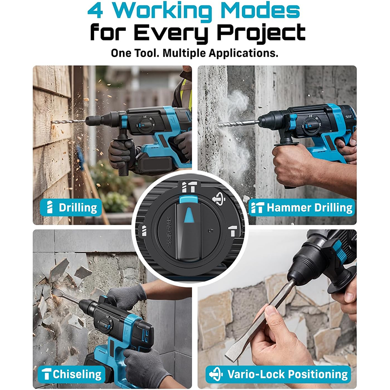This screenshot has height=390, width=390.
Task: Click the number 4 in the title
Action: pyautogui.click(x=96, y=10)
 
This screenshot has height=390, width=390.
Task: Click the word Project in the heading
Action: pyautogui.click(x=261, y=33)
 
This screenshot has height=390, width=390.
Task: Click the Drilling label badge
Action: pyautogui.click(x=71, y=208)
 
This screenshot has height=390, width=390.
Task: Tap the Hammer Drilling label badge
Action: pyautogui.click(x=302, y=208)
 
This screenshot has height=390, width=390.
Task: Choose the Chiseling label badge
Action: pyautogui.click(x=71, y=374)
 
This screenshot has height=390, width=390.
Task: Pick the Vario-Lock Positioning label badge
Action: pyautogui.click(x=278, y=374)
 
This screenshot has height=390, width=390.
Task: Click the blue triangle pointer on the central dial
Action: pyautogui.click(x=188, y=214)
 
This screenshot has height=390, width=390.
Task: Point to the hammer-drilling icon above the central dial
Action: pyautogui.click(x=188, y=187)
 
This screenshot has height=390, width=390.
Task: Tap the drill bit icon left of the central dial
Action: pyautogui.click(x=144, y=231)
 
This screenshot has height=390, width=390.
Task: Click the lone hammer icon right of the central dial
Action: pyautogui.click(x=233, y=231)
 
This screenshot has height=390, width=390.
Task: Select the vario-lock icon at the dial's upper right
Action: pyautogui.click(x=218, y=200)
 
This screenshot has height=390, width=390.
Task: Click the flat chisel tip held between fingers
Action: pyautogui.click(x=234, y=348)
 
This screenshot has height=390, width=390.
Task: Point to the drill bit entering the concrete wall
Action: pyautogui.click(x=238, y=123)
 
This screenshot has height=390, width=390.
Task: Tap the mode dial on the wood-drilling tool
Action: pyautogui.click(x=145, y=124)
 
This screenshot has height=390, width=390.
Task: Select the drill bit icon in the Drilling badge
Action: pyautogui.click(x=50, y=207)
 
